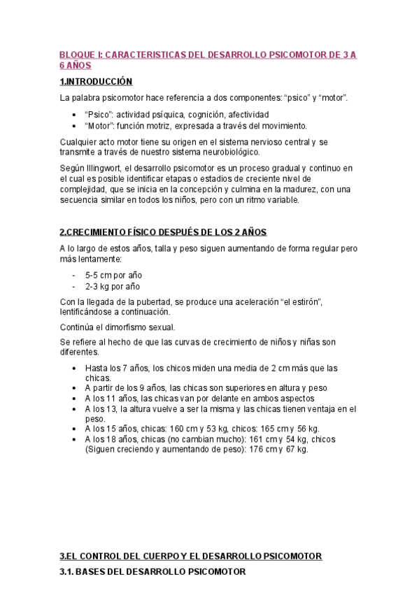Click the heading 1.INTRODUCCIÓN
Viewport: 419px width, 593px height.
click(x=96, y=82)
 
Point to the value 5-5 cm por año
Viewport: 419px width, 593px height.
click(x=113, y=276)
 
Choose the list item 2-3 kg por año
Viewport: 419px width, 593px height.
click(x=113, y=286)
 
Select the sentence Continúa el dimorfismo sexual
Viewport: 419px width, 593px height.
click(x=118, y=327)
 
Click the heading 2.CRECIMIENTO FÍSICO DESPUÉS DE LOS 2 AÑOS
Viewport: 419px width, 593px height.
click(x=163, y=232)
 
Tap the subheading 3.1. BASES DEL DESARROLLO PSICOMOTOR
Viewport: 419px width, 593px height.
click(x=152, y=572)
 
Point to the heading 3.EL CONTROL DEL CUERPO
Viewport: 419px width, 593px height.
click(x=190, y=556)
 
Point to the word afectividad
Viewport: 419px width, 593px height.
click(x=246, y=114)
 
